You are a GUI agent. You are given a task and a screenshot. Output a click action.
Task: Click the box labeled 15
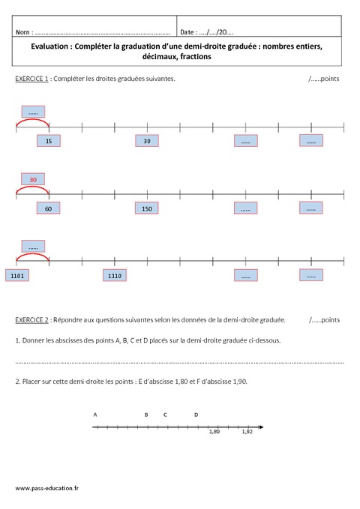coord(49,141)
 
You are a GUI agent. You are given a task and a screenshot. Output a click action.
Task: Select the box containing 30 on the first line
coord(147,141)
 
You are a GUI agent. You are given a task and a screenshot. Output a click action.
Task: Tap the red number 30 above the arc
coord(33,180)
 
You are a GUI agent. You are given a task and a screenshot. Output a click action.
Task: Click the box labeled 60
coord(48,209)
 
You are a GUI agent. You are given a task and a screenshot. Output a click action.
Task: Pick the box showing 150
coord(147,209)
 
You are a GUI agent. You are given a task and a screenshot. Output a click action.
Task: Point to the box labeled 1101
coord(19,276)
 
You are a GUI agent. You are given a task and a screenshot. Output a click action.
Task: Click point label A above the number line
coord(95,414)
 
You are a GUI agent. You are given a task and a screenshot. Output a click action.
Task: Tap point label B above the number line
coord(146,414)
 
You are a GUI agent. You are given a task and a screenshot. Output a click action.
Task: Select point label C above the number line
coord(164,414)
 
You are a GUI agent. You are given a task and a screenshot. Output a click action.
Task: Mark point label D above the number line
coord(196,414)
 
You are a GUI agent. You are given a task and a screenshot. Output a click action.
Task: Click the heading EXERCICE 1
coord(31,79)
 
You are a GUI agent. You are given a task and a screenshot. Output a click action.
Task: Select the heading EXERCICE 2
coord(31,320)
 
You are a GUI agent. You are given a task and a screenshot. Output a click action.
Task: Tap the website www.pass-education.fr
coord(46,488)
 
